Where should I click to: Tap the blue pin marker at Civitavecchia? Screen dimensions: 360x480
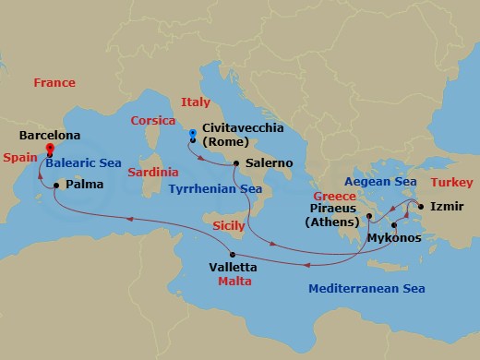(191, 136)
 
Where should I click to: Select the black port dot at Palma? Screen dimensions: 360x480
(56, 185)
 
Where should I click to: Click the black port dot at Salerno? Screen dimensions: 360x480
(236, 163)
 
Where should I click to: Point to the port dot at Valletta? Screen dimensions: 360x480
(232, 255)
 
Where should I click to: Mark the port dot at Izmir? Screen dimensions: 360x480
(420, 205)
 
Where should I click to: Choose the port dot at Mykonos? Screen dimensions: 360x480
(392, 224)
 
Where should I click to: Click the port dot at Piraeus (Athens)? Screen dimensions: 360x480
(367, 218)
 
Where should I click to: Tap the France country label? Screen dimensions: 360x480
(54, 83)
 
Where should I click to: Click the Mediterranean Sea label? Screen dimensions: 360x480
(366, 289)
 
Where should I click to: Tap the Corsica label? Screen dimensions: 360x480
(153, 120)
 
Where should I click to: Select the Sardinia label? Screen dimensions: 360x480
(153, 173)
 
